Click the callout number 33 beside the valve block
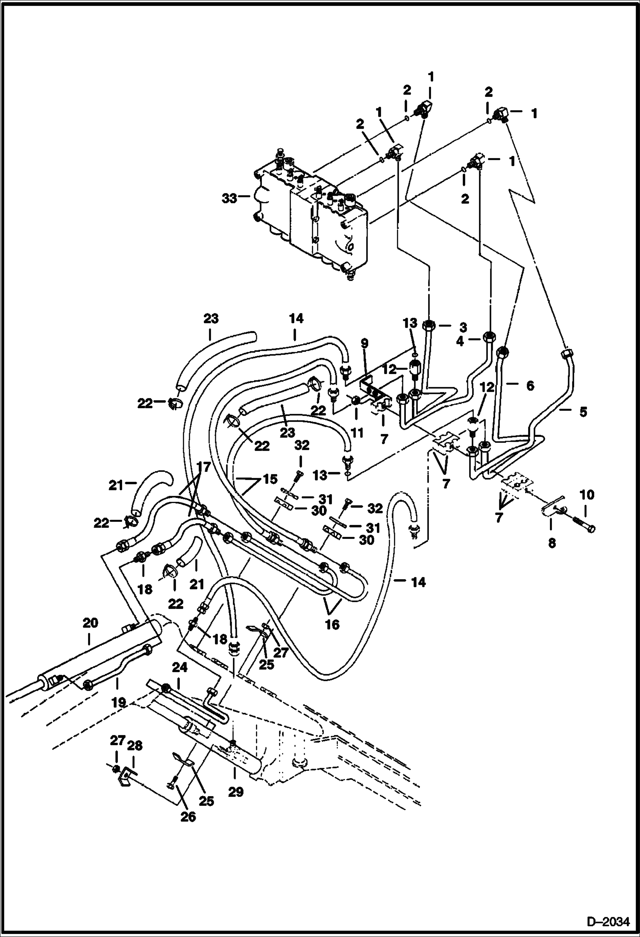pyautogui.click(x=229, y=198)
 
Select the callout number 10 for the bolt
pyautogui.click(x=587, y=495)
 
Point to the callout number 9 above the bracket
pyautogui.click(x=364, y=343)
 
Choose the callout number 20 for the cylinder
pyautogui.click(x=90, y=623)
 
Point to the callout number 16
pyautogui.click(x=332, y=624)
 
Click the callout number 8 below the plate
pyautogui.click(x=552, y=543)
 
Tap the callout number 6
pyautogui.click(x=530, y=386)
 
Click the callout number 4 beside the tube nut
pyautogui.click(x=460, y=342)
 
